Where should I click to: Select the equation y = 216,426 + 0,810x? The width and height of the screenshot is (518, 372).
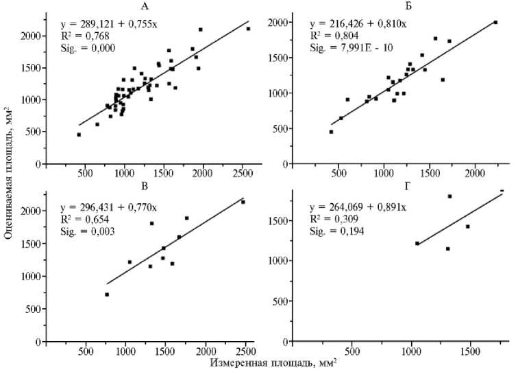click(357, 23)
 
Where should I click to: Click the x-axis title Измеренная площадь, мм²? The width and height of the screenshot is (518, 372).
click(273, 363)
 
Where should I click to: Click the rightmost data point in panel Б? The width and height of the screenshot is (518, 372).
click(495, 22)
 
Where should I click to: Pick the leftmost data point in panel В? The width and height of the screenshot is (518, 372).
click(107, 294)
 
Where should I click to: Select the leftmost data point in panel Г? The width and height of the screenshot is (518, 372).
click(417, 243)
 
